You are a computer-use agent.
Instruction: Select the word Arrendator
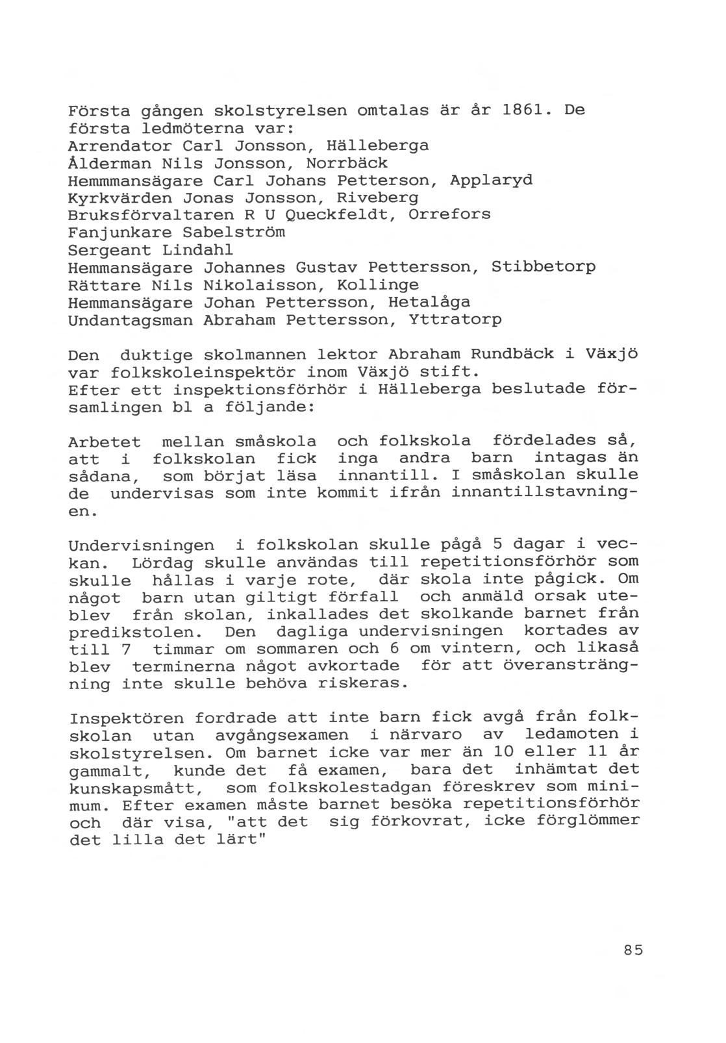click(120, 145)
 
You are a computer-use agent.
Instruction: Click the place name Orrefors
click(449, 214)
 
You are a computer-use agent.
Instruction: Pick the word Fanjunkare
click(120, 232)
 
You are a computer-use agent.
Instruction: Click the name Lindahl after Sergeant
click(197, 249)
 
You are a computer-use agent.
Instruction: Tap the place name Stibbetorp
click(544, 267)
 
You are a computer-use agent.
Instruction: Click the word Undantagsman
click(131, 320)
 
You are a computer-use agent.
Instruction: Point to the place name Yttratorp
click(455, 320)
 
